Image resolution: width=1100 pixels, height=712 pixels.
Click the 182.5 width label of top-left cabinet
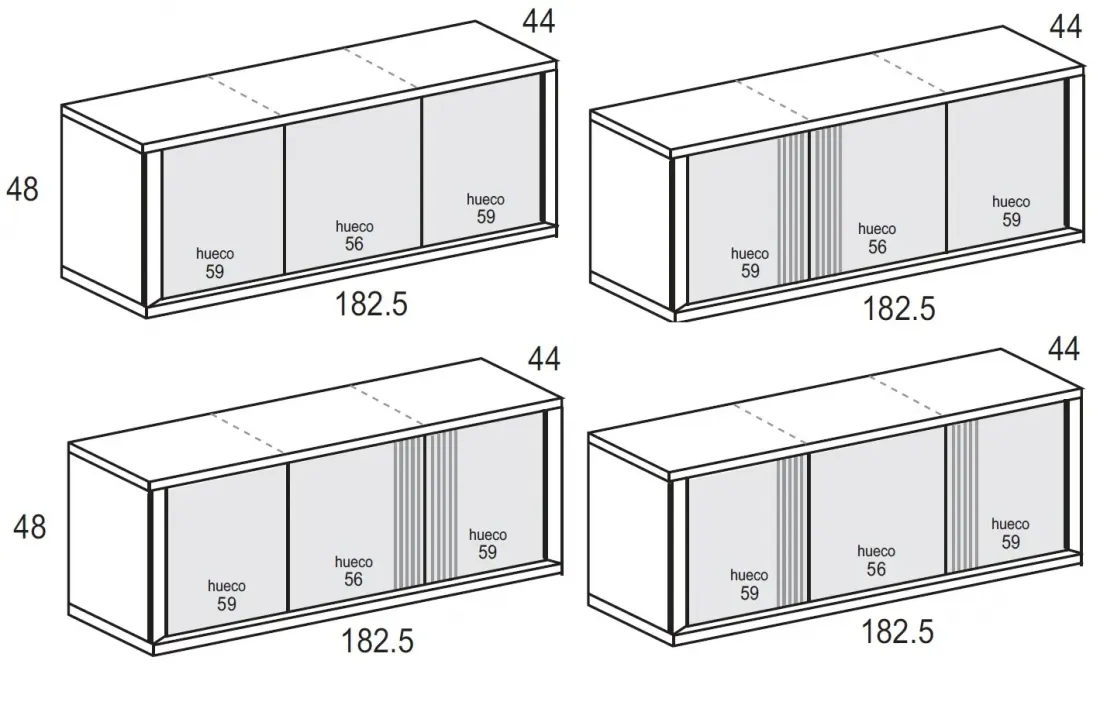[x=371, y=304]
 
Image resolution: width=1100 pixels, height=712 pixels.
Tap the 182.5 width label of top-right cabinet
[x=899, y=309]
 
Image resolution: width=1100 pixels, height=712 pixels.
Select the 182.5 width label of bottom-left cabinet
[x=377, y=640]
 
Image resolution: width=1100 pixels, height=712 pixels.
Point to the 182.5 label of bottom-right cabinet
[x=897, y=631]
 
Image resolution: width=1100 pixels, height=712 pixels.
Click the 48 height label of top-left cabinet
[x=22, y=189]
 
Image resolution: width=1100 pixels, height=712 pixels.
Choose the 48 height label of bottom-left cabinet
[x=29, y=527]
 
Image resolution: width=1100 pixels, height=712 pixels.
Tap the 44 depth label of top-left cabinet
[x=539, y=21]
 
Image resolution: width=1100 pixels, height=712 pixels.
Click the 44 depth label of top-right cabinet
[x=1066, y=27]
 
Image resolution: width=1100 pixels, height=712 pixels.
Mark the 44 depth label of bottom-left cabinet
[x=544, y=358]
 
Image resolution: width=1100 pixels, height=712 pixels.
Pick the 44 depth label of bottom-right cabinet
[x=1064, y=349]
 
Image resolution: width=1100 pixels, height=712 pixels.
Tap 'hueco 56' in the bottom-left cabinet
[x=354, y=571]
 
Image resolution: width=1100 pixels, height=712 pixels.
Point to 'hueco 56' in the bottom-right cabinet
[x=876, y=560]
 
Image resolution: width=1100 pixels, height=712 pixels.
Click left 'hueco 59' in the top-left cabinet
[x=215, y=263]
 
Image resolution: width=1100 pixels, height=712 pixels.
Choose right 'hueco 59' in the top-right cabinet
[x=1011, y=211]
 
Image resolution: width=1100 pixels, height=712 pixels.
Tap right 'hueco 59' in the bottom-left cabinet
[x=488, y=544]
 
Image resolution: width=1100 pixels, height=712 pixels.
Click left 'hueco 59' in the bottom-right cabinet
[x=749, y=585]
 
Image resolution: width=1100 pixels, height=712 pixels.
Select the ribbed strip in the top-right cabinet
[x=810, y=204]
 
